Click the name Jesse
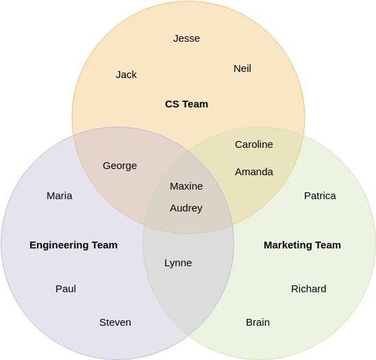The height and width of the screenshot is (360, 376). coord(186,38)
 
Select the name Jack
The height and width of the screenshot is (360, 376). coord(126,75)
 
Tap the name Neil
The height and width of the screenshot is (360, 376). coord(242,68)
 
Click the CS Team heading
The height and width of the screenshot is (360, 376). coord(186,104)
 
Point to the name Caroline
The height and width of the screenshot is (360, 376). coord(253,144)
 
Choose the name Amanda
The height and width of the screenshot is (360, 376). coord(253,172)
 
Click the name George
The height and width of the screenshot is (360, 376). coord(120,166)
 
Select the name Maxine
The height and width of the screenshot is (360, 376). coord(186,186)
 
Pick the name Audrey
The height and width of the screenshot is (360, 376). coord(186,208)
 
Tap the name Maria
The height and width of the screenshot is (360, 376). coord(60,196)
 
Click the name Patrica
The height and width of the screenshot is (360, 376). coord(320,196)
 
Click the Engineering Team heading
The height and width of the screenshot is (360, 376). coord(73,245)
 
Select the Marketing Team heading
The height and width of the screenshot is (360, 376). coord(302,245)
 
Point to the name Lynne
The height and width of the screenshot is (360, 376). coord(178,263)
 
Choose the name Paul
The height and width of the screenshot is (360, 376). coord(66,289)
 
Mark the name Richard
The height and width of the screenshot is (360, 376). coord(308,289)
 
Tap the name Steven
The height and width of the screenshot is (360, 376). coord(115,322)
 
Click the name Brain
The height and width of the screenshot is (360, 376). coord(258,322)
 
